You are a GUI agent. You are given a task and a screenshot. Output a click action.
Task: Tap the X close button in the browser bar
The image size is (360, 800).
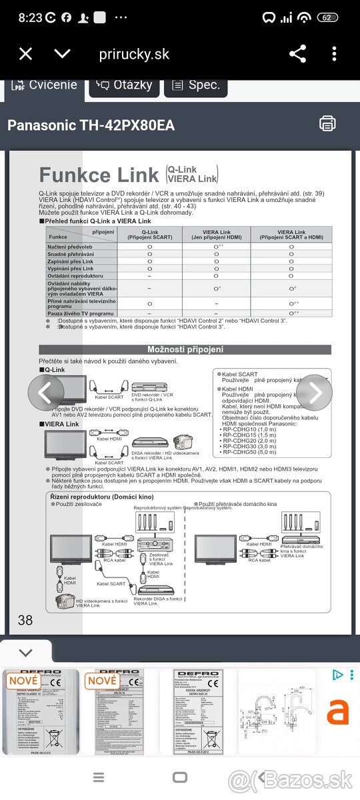click(25, 54)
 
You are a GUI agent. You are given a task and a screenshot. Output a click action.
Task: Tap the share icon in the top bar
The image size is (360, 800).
click(297, 54)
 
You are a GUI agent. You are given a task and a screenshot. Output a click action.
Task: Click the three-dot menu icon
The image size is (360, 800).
click(335, 54)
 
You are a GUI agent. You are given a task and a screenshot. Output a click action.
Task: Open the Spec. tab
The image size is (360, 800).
click(195, 85)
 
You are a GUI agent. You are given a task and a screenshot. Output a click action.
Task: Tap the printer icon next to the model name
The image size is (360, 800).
click(327, 123)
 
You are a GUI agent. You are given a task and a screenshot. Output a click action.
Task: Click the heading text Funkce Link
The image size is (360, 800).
click(99, 175)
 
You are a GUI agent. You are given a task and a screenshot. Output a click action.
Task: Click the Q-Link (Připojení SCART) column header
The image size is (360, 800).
click(149, 234)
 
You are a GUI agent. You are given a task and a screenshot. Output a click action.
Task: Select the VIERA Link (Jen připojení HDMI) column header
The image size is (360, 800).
click(215, 234)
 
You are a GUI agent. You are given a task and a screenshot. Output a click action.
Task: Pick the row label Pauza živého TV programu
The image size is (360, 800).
click(81, 313)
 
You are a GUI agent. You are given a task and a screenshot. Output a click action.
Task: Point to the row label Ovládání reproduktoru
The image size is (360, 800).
click(75, 276)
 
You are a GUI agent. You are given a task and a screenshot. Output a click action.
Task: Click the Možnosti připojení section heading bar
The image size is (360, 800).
click(185, 349)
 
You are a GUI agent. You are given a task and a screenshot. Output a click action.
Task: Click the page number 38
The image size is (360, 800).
click(25, 620)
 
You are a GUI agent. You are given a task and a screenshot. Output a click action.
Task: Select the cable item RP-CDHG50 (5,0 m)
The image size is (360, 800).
click(249, 452)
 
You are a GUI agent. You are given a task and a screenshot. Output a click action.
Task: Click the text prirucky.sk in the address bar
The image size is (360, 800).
click(134, 54)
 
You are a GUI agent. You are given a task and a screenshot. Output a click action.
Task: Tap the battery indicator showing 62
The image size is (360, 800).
click(327, 18)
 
